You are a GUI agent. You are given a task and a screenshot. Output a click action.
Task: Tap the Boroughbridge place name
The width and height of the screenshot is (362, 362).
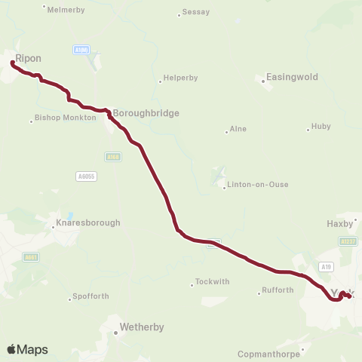point(146,113)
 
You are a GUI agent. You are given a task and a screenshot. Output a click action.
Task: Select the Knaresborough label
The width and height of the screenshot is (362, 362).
point(88,223)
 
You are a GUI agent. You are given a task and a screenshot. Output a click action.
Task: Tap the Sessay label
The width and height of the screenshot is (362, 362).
point(197,13)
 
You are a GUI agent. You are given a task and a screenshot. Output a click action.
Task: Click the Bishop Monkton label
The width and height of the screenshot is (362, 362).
point(67,118)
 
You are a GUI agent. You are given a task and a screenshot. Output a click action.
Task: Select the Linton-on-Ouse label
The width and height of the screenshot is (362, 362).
point(259,184)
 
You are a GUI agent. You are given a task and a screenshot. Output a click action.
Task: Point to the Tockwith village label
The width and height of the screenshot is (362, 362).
point(212,282)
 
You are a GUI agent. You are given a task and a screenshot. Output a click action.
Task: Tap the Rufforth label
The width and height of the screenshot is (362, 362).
point(278,290)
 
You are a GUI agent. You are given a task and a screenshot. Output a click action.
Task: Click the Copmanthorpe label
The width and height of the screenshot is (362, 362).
point(268,353)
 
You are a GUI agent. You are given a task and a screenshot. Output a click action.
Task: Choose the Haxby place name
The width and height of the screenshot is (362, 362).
point(339,223)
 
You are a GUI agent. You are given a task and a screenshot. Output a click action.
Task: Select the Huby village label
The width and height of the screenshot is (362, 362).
point(321,127)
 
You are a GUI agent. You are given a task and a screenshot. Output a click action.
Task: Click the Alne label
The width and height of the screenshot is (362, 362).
point(239,130)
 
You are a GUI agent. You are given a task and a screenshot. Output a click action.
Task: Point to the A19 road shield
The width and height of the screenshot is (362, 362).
point(326,266)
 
